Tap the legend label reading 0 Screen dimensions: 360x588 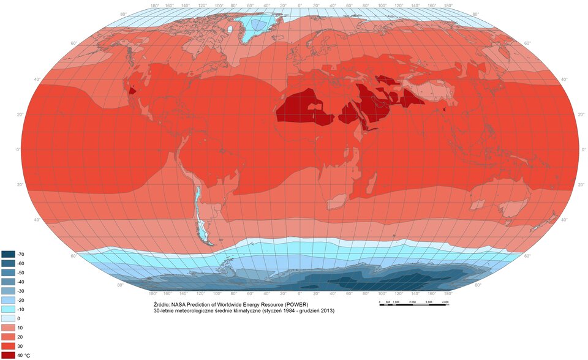pos(19,318)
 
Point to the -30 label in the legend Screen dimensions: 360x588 pos(21,291)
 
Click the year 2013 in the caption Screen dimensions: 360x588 pos(326,311)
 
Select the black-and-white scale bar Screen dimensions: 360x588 pos(415,305)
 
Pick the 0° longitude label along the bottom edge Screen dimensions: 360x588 pos(300,293)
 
